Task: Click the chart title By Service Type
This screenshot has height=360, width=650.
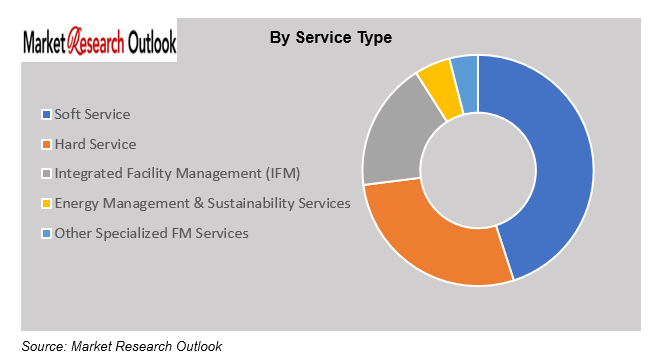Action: coord(330,38)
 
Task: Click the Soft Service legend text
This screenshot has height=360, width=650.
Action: coord(92,114)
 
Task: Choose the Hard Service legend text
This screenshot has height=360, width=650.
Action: coord(95,144)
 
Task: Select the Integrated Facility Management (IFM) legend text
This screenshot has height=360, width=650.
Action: coord(177,173)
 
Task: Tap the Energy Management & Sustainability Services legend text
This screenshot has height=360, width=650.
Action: coord(202,203)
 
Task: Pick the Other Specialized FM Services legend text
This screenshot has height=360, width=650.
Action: coord(151,233)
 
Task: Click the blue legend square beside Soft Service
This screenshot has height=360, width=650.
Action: coord(45,115)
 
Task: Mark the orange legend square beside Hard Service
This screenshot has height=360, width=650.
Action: coord(45,145)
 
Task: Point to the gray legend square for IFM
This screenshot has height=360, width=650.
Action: coord(45,174)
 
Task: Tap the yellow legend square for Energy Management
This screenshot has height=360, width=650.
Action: coord(45,204)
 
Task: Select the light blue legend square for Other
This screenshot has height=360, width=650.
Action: coord(45,234)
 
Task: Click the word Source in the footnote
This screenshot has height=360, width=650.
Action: coord(43,346)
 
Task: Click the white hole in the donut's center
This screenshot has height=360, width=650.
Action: coord(478,170)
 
